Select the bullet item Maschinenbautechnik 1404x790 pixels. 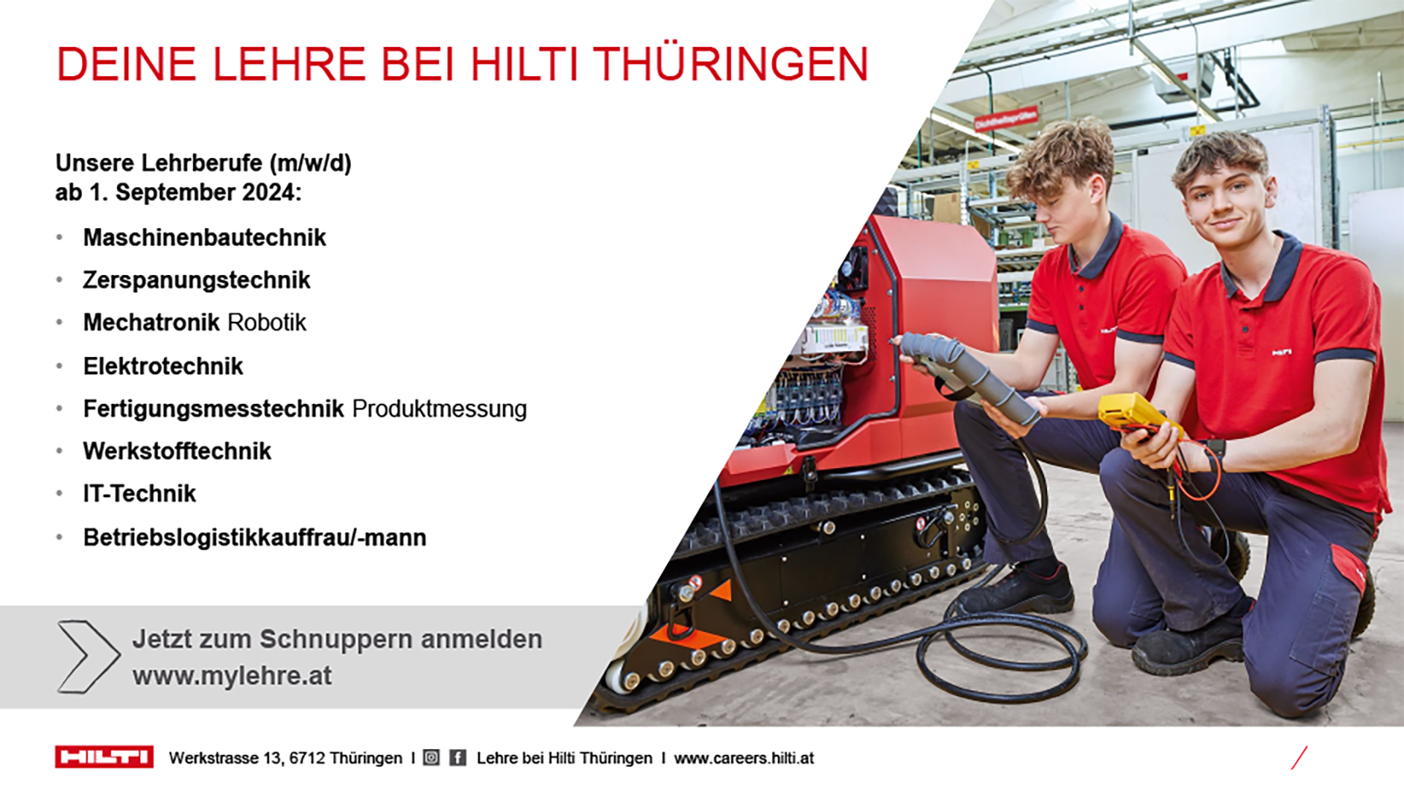pyautogui.click(x=205, y=238)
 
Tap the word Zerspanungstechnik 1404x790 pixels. pyautogui.click(x=197, y=280)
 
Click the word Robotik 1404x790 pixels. pyautogui.click(x=267, y=323)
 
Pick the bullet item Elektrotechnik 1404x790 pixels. pyautogui.click(x=163, y=366)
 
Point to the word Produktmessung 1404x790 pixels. pyautogui.click(x=439, y=408)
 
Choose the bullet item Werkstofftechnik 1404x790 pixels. pyautogui.click(x=177, y=451)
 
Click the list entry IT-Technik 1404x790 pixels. pyautogui.click(x=140, y=494)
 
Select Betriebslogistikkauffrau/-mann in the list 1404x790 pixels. pyautogui.click(x=254, y=538)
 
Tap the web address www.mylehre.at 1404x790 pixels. pyautogui.click(x=233, y=676)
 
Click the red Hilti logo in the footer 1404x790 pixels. pyautogui.click(x=104, y=757)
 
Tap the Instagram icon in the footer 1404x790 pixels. pyautogui.click(x=431, y=758)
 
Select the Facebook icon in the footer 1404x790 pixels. pyautogui.click(x=458, y=758)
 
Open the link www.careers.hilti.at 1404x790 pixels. pyautogui.click(x=744, y=758)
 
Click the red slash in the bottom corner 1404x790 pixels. pyautogui.click(x=1299, y=758)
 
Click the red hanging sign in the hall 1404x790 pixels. pyautogui.click(x=1005, y=118)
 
